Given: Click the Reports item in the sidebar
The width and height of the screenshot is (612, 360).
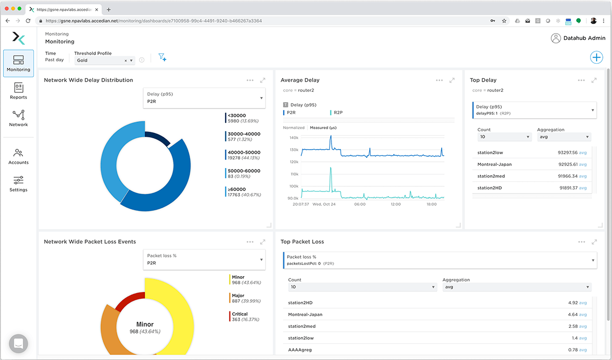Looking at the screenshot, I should click(18, 91).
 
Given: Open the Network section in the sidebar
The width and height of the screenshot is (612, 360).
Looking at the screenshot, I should click(18, 118).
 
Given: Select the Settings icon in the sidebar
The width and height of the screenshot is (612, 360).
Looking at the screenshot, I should click(18, 183).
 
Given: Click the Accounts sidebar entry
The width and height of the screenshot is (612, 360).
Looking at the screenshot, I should click(18, 156).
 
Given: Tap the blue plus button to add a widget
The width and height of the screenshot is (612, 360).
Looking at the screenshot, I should click(596, 57).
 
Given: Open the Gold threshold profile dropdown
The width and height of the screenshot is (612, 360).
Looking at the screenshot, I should click(105, 60).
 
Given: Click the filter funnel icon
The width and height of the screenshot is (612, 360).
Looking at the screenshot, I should click(162, 57).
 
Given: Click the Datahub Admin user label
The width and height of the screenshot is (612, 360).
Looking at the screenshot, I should click(584, 38).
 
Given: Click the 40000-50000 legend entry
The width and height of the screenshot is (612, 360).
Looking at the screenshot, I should click(243, 155).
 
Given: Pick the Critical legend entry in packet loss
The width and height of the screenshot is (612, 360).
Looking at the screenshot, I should click(240, 317).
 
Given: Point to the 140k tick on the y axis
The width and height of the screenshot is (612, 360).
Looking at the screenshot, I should click(293, 138).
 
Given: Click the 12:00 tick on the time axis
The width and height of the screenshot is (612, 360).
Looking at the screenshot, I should click(396, 204).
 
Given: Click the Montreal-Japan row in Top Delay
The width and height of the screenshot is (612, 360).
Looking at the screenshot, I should click(495, 164).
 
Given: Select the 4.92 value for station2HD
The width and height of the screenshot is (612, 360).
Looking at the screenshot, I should click(573, 303).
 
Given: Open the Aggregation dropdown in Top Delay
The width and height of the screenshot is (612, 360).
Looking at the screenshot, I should click(564, 137).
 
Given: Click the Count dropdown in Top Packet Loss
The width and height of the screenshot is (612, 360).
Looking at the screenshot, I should click(362, 287).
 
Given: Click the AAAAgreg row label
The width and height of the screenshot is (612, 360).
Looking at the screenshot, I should click(300, 350).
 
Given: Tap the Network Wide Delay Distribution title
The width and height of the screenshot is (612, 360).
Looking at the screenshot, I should click(88, 80).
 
